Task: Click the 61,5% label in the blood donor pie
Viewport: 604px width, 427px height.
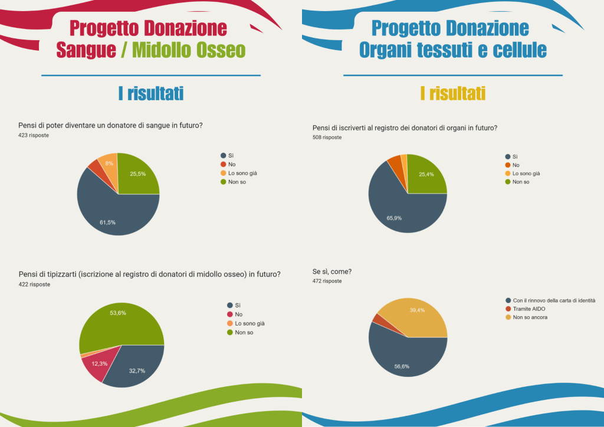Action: click(x=107, y=222)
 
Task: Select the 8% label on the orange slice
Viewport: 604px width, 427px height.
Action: click(x=109, y=163)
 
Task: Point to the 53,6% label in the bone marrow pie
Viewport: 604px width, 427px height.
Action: click(x=118, y=313)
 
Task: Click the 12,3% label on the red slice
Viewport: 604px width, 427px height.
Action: click(x=99, y=363)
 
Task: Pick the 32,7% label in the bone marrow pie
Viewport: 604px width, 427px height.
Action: click(x=137, y=370)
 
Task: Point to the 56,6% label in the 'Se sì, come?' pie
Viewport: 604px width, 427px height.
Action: click(x=402, y=366)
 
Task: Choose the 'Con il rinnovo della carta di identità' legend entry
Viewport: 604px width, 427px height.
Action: click(x=553, y=300)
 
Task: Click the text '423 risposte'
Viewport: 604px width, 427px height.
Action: click(x=34, y=136)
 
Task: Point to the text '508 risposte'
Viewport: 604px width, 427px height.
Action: click(x=327, y=137)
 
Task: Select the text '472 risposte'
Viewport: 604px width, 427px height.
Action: click(x=327, y=281)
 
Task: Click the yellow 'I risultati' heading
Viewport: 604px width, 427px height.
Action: click(x=452, y=93)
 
